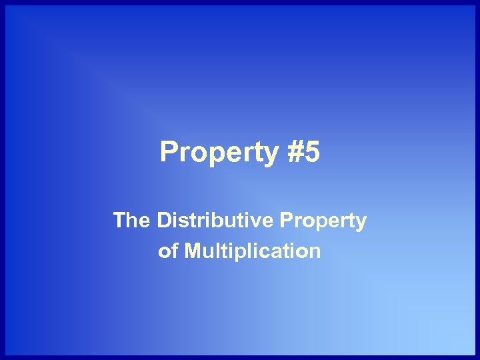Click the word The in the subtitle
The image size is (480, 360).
[x=131, y=220]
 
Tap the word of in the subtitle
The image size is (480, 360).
[x=168, y=251]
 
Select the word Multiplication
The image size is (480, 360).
[x=252, y=251]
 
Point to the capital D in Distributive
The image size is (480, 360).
[x=164, y=220]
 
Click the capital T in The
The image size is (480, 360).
[x=119, y=220]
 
